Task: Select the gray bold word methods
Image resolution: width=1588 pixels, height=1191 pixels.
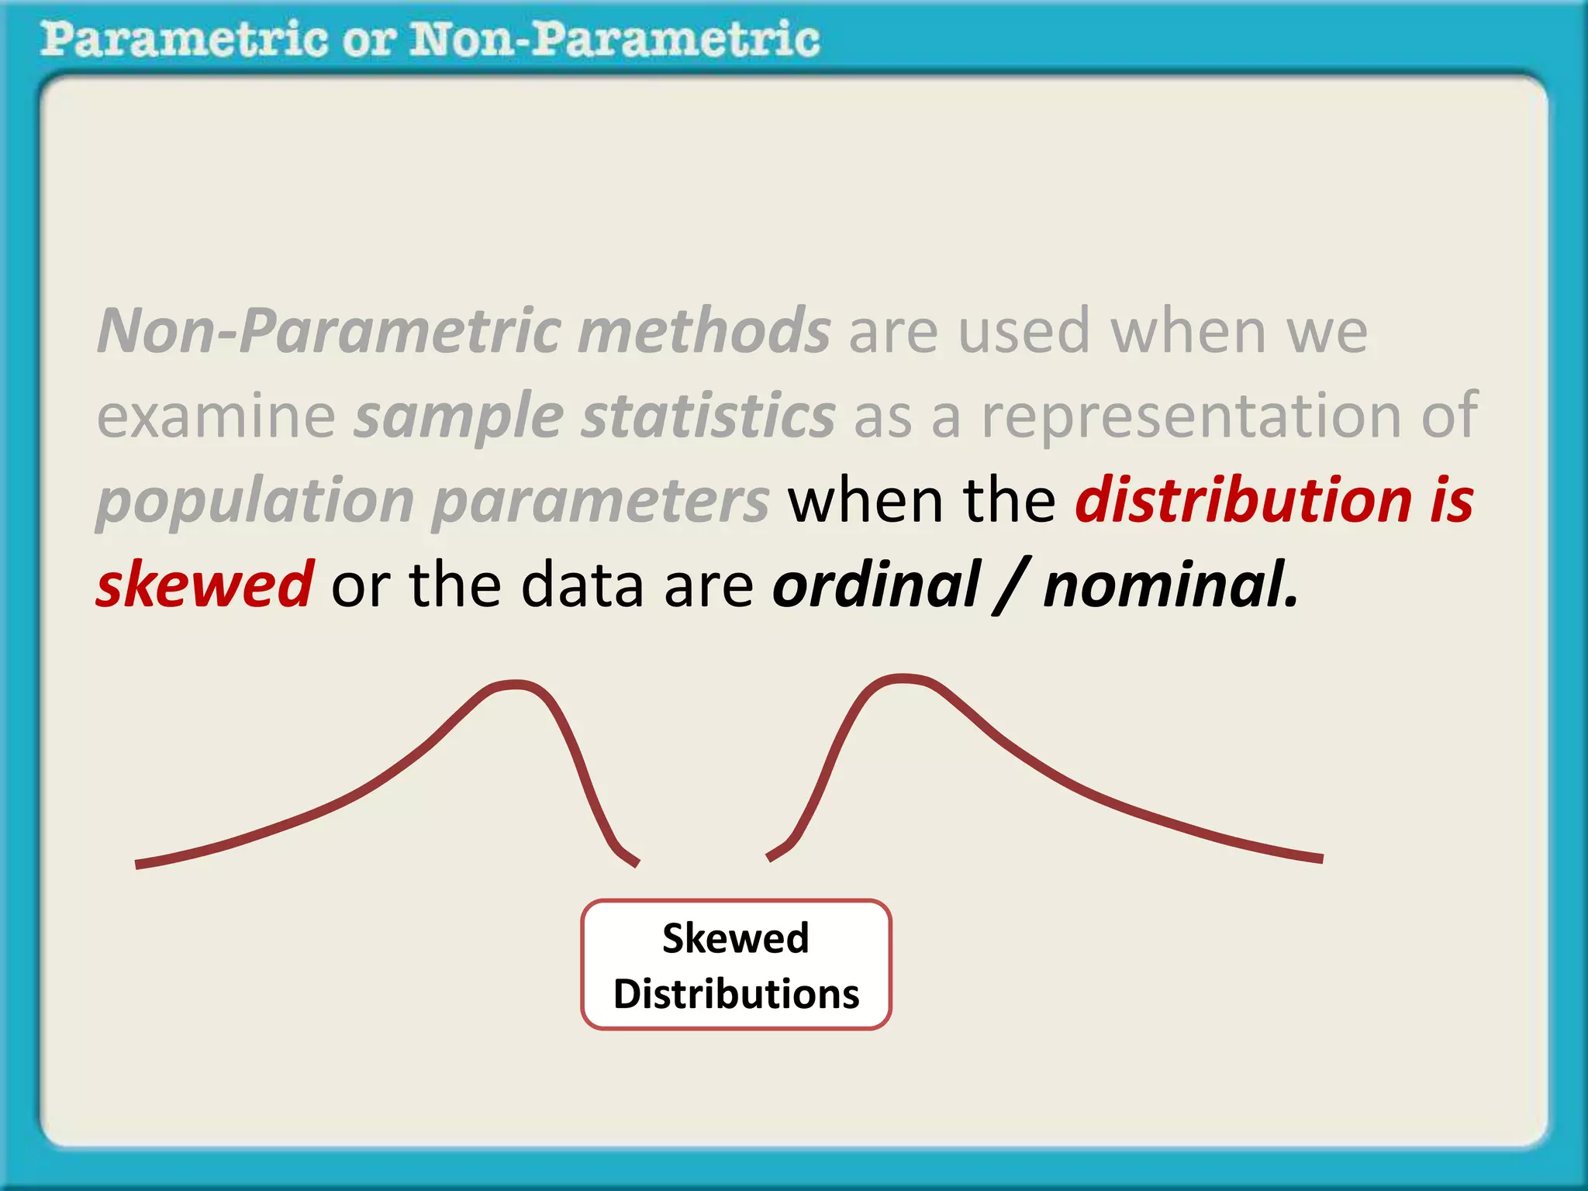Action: (x=704, y=331)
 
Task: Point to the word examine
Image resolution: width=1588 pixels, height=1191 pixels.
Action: (x=216, y=416)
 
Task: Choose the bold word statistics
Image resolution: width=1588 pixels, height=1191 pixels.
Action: (x=708, y=416)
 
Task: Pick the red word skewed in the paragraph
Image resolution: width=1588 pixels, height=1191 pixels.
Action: (x=205, y=584)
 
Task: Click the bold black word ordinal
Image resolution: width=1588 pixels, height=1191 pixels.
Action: (x=876, y=584)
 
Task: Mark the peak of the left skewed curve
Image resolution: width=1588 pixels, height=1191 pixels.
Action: (x=516, y=684)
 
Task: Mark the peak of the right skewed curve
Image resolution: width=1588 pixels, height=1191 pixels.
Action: (x=903, y=678)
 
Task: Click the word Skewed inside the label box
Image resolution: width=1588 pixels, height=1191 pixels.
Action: (x=735, y=938)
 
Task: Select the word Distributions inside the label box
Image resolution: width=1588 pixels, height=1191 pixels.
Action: (x=736, y=994)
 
